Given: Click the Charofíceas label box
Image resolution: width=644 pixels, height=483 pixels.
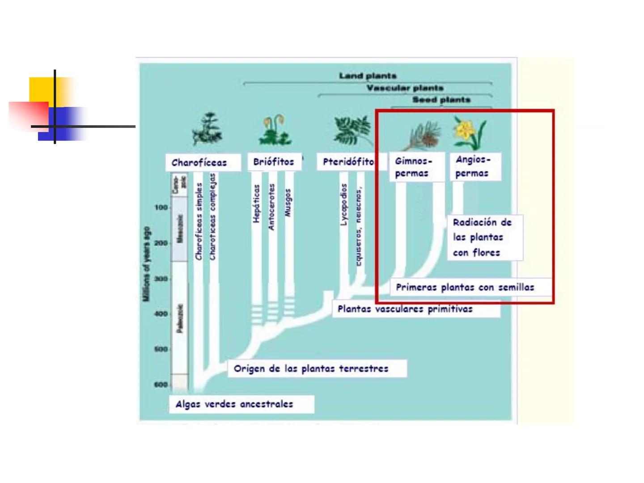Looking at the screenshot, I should click(x=203, y=162).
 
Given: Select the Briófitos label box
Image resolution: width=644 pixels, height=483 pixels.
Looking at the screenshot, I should click(x=274, y=162).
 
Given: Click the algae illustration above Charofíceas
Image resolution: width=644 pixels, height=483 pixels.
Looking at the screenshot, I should click(x=207, y=130).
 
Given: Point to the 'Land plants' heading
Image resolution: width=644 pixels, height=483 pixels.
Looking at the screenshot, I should click(x=368, y=76).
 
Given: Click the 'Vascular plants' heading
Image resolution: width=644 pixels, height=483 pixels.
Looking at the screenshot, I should click(x=405, y=88).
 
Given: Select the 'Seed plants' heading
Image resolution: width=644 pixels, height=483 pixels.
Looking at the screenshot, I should click(x=441, y=100).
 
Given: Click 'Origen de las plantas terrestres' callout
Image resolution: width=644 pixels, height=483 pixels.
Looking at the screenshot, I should click(x=317, y=369).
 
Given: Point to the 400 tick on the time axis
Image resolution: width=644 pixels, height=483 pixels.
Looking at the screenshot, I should click(x=161, y=314).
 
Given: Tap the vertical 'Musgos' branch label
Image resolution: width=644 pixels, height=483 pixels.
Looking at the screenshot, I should click(x=288, y=203).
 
